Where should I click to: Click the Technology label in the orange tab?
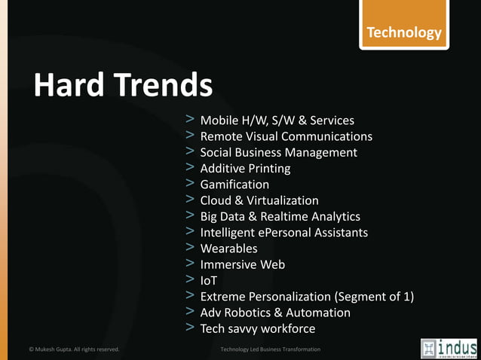click(x=403, y=32)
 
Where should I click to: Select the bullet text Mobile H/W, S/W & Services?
click(x=277, y=121)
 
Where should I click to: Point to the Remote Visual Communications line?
click(x=286, y=136)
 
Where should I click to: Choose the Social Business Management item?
click(x=278, y=152)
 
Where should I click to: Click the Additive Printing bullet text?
click(x=245, y=169)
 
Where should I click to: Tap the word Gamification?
click(x=234, y=185)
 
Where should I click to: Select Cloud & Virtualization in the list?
click(x=259, y=200)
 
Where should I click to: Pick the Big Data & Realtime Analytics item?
click(x=280, y=216)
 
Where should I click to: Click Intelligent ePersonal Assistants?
click(x=283, y=232)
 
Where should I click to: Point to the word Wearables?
click(x=228, y=249)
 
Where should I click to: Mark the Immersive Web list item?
click(x=242, y=264)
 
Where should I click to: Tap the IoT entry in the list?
click(x=209, y=280)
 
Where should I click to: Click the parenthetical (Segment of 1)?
click(x=374, y=297)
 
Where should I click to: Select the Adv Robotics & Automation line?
click(x=275, y=313)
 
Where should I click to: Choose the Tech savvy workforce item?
click(x=257, y=328)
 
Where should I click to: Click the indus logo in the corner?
click(x=449, y=348)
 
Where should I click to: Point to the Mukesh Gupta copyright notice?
click(x=74, y=349)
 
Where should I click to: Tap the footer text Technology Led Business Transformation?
click(x=270, y=349)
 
